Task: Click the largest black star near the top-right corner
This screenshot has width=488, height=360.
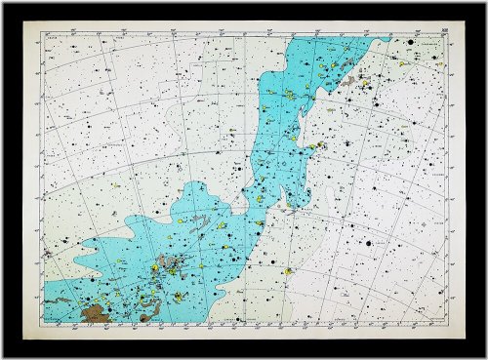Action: (x=413, y=44)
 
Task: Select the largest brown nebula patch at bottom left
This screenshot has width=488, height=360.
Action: (x=96, y=312)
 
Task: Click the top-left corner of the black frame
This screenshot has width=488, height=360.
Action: (x=2, y=2)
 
